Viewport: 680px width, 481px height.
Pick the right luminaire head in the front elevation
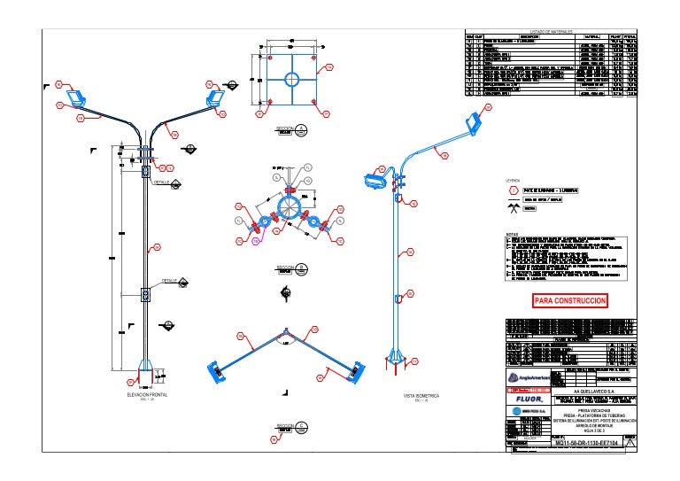[214, 94]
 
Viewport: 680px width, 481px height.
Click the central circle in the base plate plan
[291, 80]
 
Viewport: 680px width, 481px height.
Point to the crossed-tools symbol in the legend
[513, 208]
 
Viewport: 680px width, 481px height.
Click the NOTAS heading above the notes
[511, 234]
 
